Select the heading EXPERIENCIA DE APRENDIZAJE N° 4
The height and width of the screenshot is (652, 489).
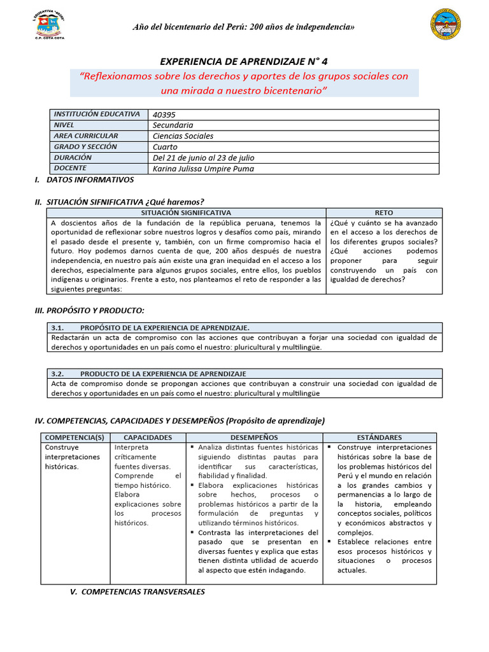244,61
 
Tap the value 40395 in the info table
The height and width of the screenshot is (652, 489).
165,115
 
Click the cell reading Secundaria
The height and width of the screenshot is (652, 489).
173,125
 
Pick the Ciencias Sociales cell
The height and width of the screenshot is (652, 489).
183,136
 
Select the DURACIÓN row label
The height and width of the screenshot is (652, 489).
73,157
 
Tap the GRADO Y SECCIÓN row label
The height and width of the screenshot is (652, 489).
85,146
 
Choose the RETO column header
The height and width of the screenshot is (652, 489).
384,213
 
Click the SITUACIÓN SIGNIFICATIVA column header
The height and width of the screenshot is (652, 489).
187,213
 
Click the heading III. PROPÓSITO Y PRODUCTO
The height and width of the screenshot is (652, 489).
89,310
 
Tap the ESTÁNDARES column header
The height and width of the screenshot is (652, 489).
379,437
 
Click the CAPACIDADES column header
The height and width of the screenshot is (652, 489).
148,437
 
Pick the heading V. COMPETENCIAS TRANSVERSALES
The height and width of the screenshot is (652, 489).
138,592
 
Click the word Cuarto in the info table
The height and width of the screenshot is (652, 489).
166,147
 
